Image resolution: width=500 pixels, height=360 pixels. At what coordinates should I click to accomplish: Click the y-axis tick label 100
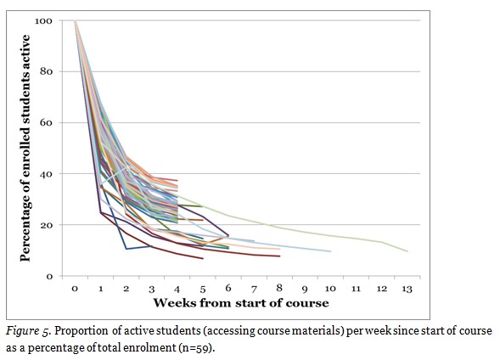(x=44, y=20)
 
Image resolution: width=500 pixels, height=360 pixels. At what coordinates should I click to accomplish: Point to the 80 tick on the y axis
(x=48, y=71)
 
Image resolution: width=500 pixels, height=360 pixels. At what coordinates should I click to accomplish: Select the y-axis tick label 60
(x=48, y=122)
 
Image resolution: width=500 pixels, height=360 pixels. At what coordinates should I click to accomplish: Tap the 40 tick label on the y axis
(x=48, y=174)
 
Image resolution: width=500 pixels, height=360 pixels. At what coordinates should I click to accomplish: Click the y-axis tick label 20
(x=48, y=225)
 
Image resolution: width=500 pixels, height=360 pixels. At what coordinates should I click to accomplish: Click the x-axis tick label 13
(x=407, y=290)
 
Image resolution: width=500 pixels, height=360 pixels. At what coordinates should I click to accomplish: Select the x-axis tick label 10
(x=330, y=290)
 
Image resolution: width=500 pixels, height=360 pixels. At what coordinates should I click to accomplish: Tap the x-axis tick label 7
(x=254, y=290)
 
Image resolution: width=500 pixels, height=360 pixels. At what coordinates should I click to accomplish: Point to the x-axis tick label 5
(x=203, y=290)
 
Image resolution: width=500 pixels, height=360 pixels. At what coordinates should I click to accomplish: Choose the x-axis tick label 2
(x=126, y=290)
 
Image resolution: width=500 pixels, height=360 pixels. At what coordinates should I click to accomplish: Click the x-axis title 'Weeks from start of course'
(x=240, y=302)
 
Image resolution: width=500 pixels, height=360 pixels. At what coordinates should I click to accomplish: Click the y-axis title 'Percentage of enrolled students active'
(x=25, y=149)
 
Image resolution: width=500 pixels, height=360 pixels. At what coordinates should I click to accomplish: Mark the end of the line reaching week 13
(x=407, y=251)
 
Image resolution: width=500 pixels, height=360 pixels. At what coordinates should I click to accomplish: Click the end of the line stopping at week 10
(x=330, y=251)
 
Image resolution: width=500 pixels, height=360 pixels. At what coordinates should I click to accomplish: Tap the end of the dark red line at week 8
(x=279, y=256)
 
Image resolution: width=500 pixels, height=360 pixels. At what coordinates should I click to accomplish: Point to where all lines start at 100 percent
(x=75, y=21)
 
